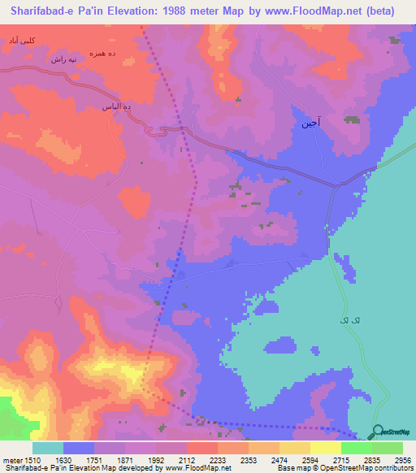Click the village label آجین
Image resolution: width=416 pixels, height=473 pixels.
coord(310,124)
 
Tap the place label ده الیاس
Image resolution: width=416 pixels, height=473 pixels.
coord(116,107)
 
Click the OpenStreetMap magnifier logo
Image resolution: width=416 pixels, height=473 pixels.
coord(377,432)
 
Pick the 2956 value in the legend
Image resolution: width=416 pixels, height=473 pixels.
coord(402,460)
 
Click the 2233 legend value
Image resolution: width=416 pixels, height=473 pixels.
coord(218,460)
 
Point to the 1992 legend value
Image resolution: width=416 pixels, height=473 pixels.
coord(157,460)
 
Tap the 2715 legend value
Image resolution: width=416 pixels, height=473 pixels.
coord(342,460)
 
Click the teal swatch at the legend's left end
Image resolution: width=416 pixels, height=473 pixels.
coord(48,448)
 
